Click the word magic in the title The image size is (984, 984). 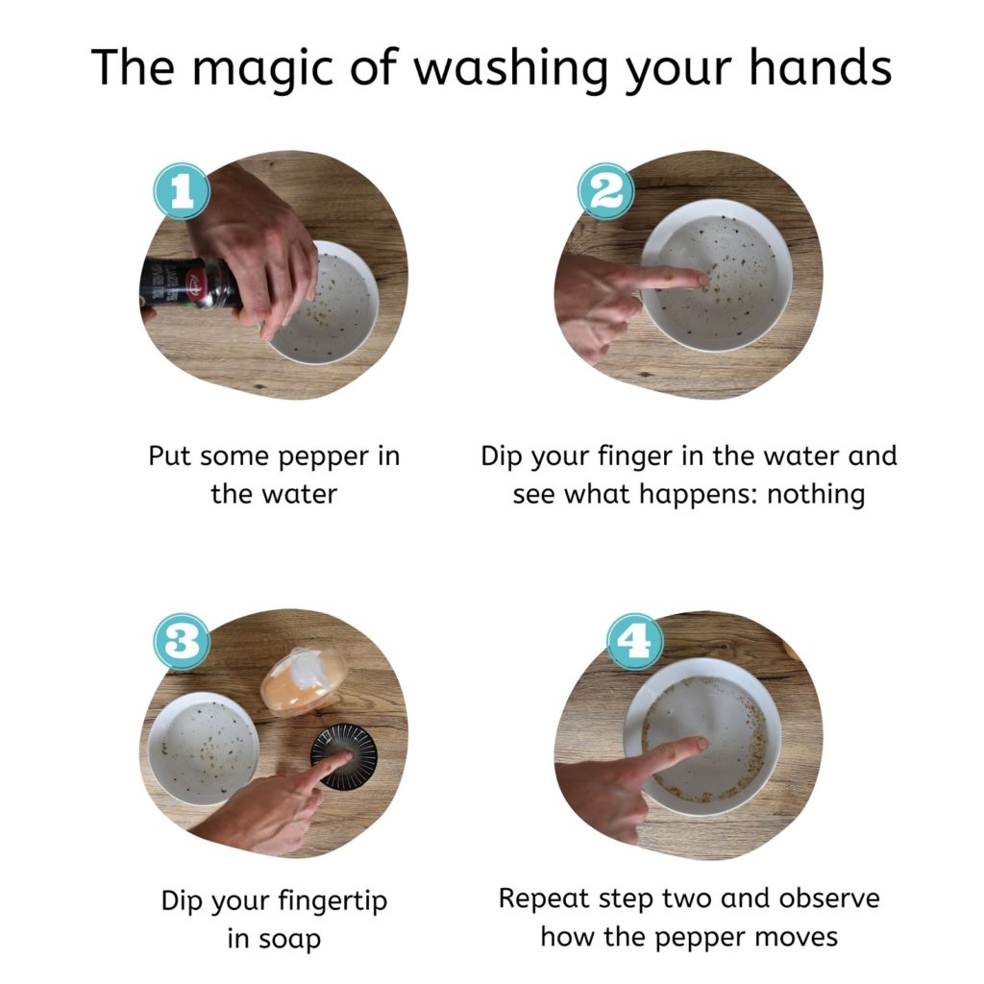(261, 68)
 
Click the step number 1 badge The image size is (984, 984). (182, 191)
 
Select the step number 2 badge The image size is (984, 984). (605, 191)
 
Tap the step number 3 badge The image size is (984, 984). (182, 641)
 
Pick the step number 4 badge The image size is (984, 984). (634, 641)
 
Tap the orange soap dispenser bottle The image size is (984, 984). (305, 682)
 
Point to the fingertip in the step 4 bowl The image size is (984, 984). (699, 745)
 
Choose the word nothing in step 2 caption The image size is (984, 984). (816, 495)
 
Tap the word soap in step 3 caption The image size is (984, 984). (274, 940)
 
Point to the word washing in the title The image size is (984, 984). (511, 68)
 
